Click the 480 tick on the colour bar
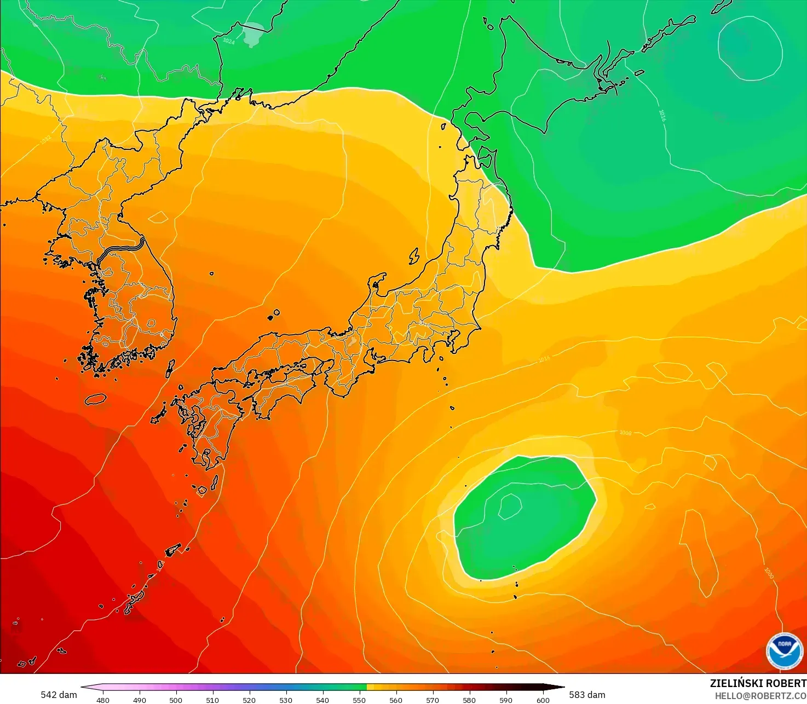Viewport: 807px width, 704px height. [102, 700]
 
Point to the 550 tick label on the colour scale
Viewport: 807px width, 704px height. [359, 700]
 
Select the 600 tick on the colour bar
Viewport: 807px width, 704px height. [543, 700]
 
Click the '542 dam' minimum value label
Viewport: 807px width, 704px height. [59, 695]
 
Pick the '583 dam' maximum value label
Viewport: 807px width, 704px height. [587, 695]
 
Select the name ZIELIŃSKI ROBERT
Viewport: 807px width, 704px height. [758, 683]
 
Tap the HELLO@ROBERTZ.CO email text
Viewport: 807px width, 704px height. [760, 695]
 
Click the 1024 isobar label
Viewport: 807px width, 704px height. [229, 41]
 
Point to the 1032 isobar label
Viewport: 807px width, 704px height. [46, 140]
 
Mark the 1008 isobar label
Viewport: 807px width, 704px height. [625, 433]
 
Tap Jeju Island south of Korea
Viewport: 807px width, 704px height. [95, 399]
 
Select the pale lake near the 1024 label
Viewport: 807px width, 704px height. [253, 34]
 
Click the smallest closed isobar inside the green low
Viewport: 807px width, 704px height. [510, 505]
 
